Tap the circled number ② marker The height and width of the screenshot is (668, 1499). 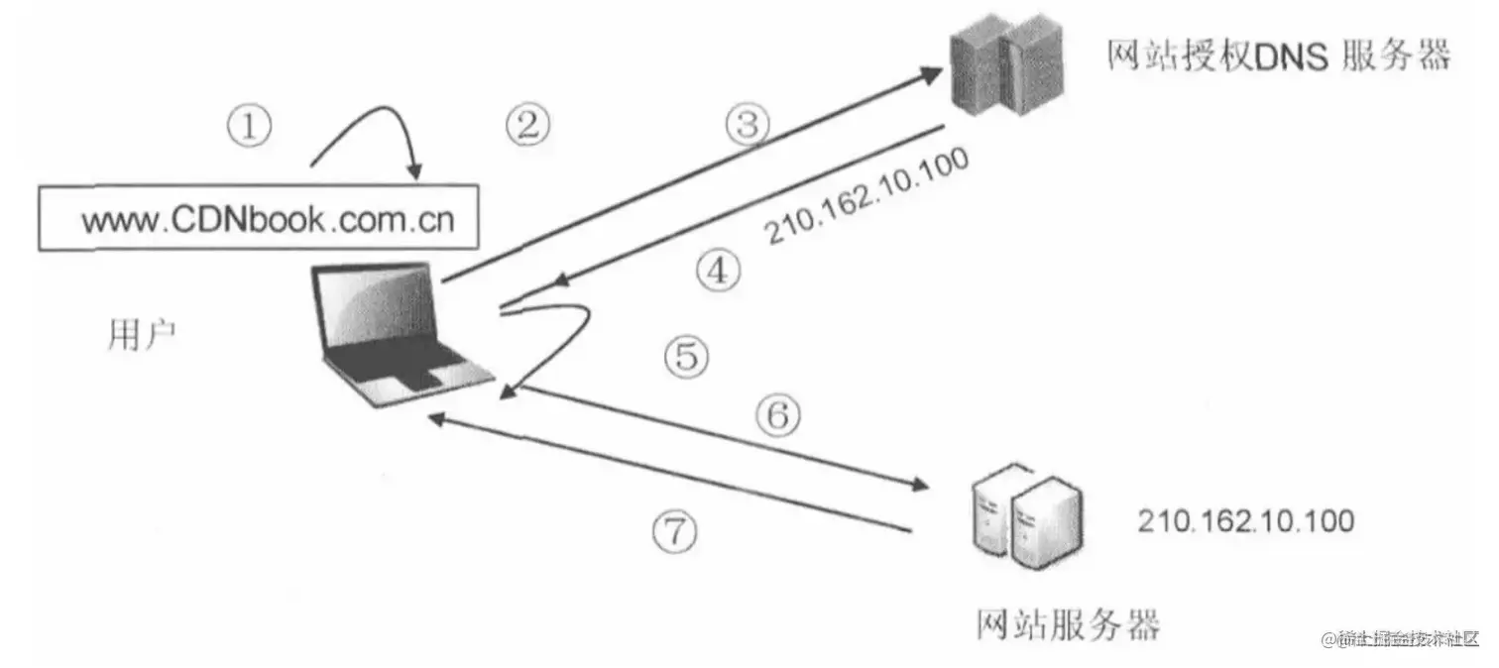tap(526, 125)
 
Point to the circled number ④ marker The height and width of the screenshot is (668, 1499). tap(717, 271)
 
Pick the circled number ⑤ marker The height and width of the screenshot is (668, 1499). tap(686, 356)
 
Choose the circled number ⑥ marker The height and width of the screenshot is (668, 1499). tap(778, 416)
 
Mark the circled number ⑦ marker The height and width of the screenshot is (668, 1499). tap(674, 534)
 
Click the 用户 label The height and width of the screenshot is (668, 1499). tap(142, 337)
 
